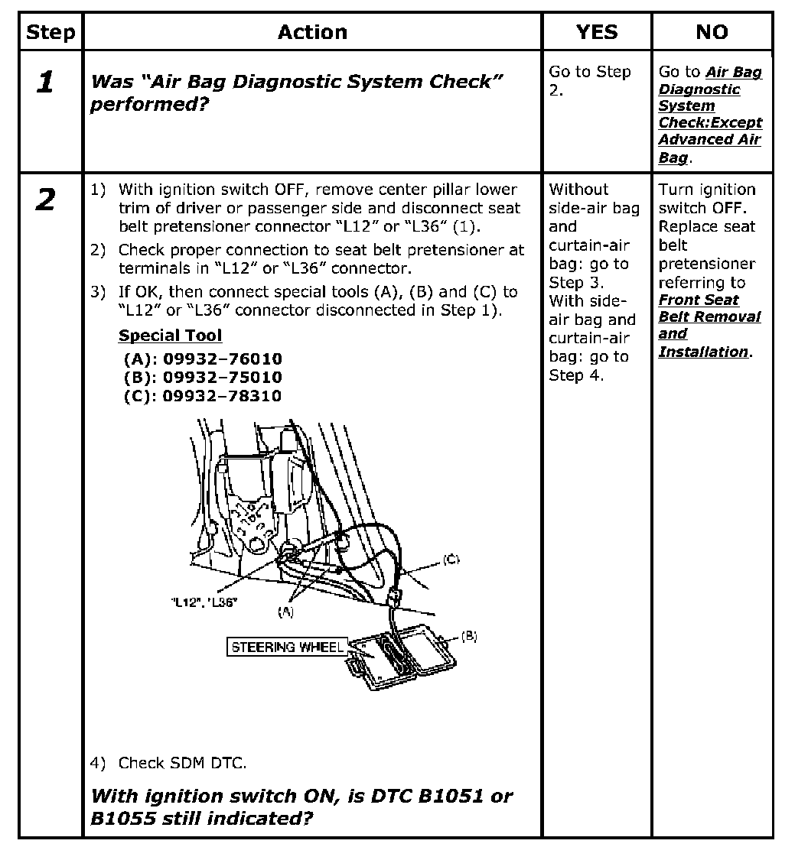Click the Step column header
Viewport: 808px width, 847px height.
coord(50,32)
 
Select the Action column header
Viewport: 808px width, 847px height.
coord(312,32)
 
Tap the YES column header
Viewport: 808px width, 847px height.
coord(596,32)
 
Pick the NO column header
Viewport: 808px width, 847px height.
coord(712,32)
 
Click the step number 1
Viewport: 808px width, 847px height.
coord(47,83)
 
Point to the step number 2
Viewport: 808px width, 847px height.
coord(47,200)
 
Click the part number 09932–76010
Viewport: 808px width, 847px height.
coord(222,359)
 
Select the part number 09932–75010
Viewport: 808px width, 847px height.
coord(222,378)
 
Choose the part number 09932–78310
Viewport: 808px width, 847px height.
coord(222,396)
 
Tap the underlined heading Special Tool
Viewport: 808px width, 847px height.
coord(170,336)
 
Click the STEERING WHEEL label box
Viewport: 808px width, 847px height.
coord(287,647)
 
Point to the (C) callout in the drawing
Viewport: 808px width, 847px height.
coord(451,560)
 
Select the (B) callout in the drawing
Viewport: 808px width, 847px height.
coord(469,636)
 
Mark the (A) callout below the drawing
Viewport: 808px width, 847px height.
coord(286,611)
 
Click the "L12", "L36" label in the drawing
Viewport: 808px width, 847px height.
coord(204,602)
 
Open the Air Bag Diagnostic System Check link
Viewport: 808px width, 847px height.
coord(710,115)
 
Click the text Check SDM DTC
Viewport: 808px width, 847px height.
coord(182,763)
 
